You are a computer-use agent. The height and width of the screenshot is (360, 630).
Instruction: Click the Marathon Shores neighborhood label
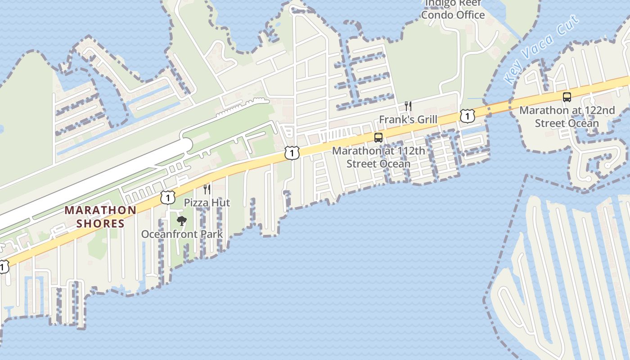tap(100, 216)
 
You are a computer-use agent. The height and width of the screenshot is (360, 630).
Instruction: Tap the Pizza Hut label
tap(207, 203)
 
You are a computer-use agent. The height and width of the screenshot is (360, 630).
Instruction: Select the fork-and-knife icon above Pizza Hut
tap(207, 189)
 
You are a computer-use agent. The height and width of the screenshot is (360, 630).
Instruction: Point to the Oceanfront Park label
tap(182, 234)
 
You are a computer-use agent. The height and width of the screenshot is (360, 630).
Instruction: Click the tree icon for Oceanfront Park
tap(182, 220)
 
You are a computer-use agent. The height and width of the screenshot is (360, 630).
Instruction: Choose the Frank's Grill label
tap(408, 120)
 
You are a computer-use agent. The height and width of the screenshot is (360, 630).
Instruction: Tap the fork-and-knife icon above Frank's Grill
tap(408, 106)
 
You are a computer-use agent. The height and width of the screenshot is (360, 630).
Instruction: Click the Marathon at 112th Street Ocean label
tap(378, 157)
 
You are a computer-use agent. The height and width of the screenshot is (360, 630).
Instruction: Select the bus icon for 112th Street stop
tap(378, 138)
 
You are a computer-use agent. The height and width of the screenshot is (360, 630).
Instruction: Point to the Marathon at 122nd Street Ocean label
tap(567, 117)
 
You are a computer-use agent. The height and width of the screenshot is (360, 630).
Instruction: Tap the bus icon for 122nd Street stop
tap(567, 97)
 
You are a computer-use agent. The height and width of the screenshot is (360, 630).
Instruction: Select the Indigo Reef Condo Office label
tap(453, 9)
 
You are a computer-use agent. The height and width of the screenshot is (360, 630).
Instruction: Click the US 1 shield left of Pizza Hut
tap(167, 197)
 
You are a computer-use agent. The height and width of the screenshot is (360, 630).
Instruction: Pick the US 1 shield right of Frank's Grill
tap(468, 116)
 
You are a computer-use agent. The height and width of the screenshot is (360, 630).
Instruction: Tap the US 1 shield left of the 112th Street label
tap(292, 153)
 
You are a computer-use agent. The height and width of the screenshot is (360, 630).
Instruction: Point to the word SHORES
tap(100, 224)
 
